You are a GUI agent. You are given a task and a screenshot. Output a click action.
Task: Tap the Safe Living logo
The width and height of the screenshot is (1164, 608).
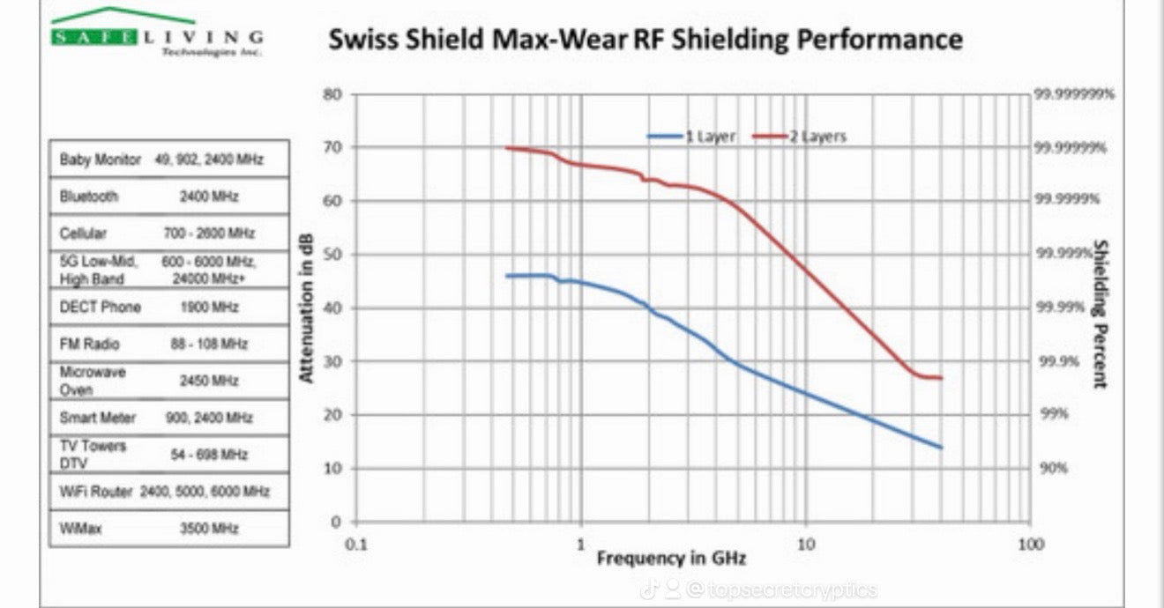[x=157, y=35]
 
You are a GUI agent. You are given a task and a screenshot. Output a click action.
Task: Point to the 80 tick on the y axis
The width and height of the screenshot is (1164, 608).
[x=332, y=94]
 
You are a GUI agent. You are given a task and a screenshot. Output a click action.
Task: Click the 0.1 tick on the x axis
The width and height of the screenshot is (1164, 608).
[x=356, y=544]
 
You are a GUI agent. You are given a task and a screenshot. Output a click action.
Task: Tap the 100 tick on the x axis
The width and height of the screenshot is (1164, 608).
[x=1030, y=544]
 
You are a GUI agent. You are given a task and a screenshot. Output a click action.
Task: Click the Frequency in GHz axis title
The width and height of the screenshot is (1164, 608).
[x=671, y=558]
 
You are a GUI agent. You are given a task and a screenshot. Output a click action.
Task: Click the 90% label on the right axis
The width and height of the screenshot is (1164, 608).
[x=1053, y=468]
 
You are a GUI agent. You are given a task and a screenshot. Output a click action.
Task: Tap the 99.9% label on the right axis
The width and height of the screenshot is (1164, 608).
[x=1056, y=361]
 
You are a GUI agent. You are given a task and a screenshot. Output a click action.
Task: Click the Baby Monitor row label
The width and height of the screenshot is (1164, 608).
[x=100, y=159]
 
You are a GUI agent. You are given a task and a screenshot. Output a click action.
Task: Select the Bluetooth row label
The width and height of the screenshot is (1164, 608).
[x=88, y=196]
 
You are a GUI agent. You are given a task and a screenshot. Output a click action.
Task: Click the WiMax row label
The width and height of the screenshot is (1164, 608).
[x=78, y=528]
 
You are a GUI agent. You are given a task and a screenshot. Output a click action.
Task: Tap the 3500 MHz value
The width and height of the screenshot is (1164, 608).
[x=209, y=528]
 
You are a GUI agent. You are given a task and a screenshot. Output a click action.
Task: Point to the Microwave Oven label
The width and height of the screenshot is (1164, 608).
[x=93, y=381]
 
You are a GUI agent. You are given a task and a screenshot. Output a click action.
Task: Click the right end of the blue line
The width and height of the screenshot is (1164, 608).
[x=942, y=448]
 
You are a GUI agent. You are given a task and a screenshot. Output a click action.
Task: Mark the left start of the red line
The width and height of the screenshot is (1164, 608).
[x=505, y=148]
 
